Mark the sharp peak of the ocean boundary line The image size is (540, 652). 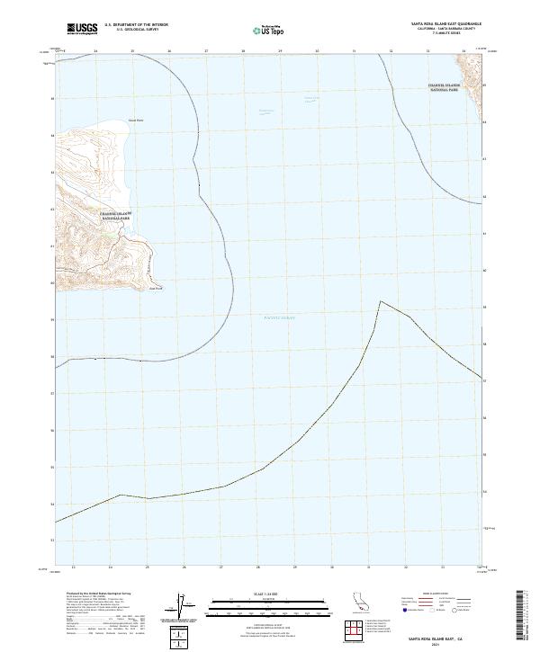(380, 301)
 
